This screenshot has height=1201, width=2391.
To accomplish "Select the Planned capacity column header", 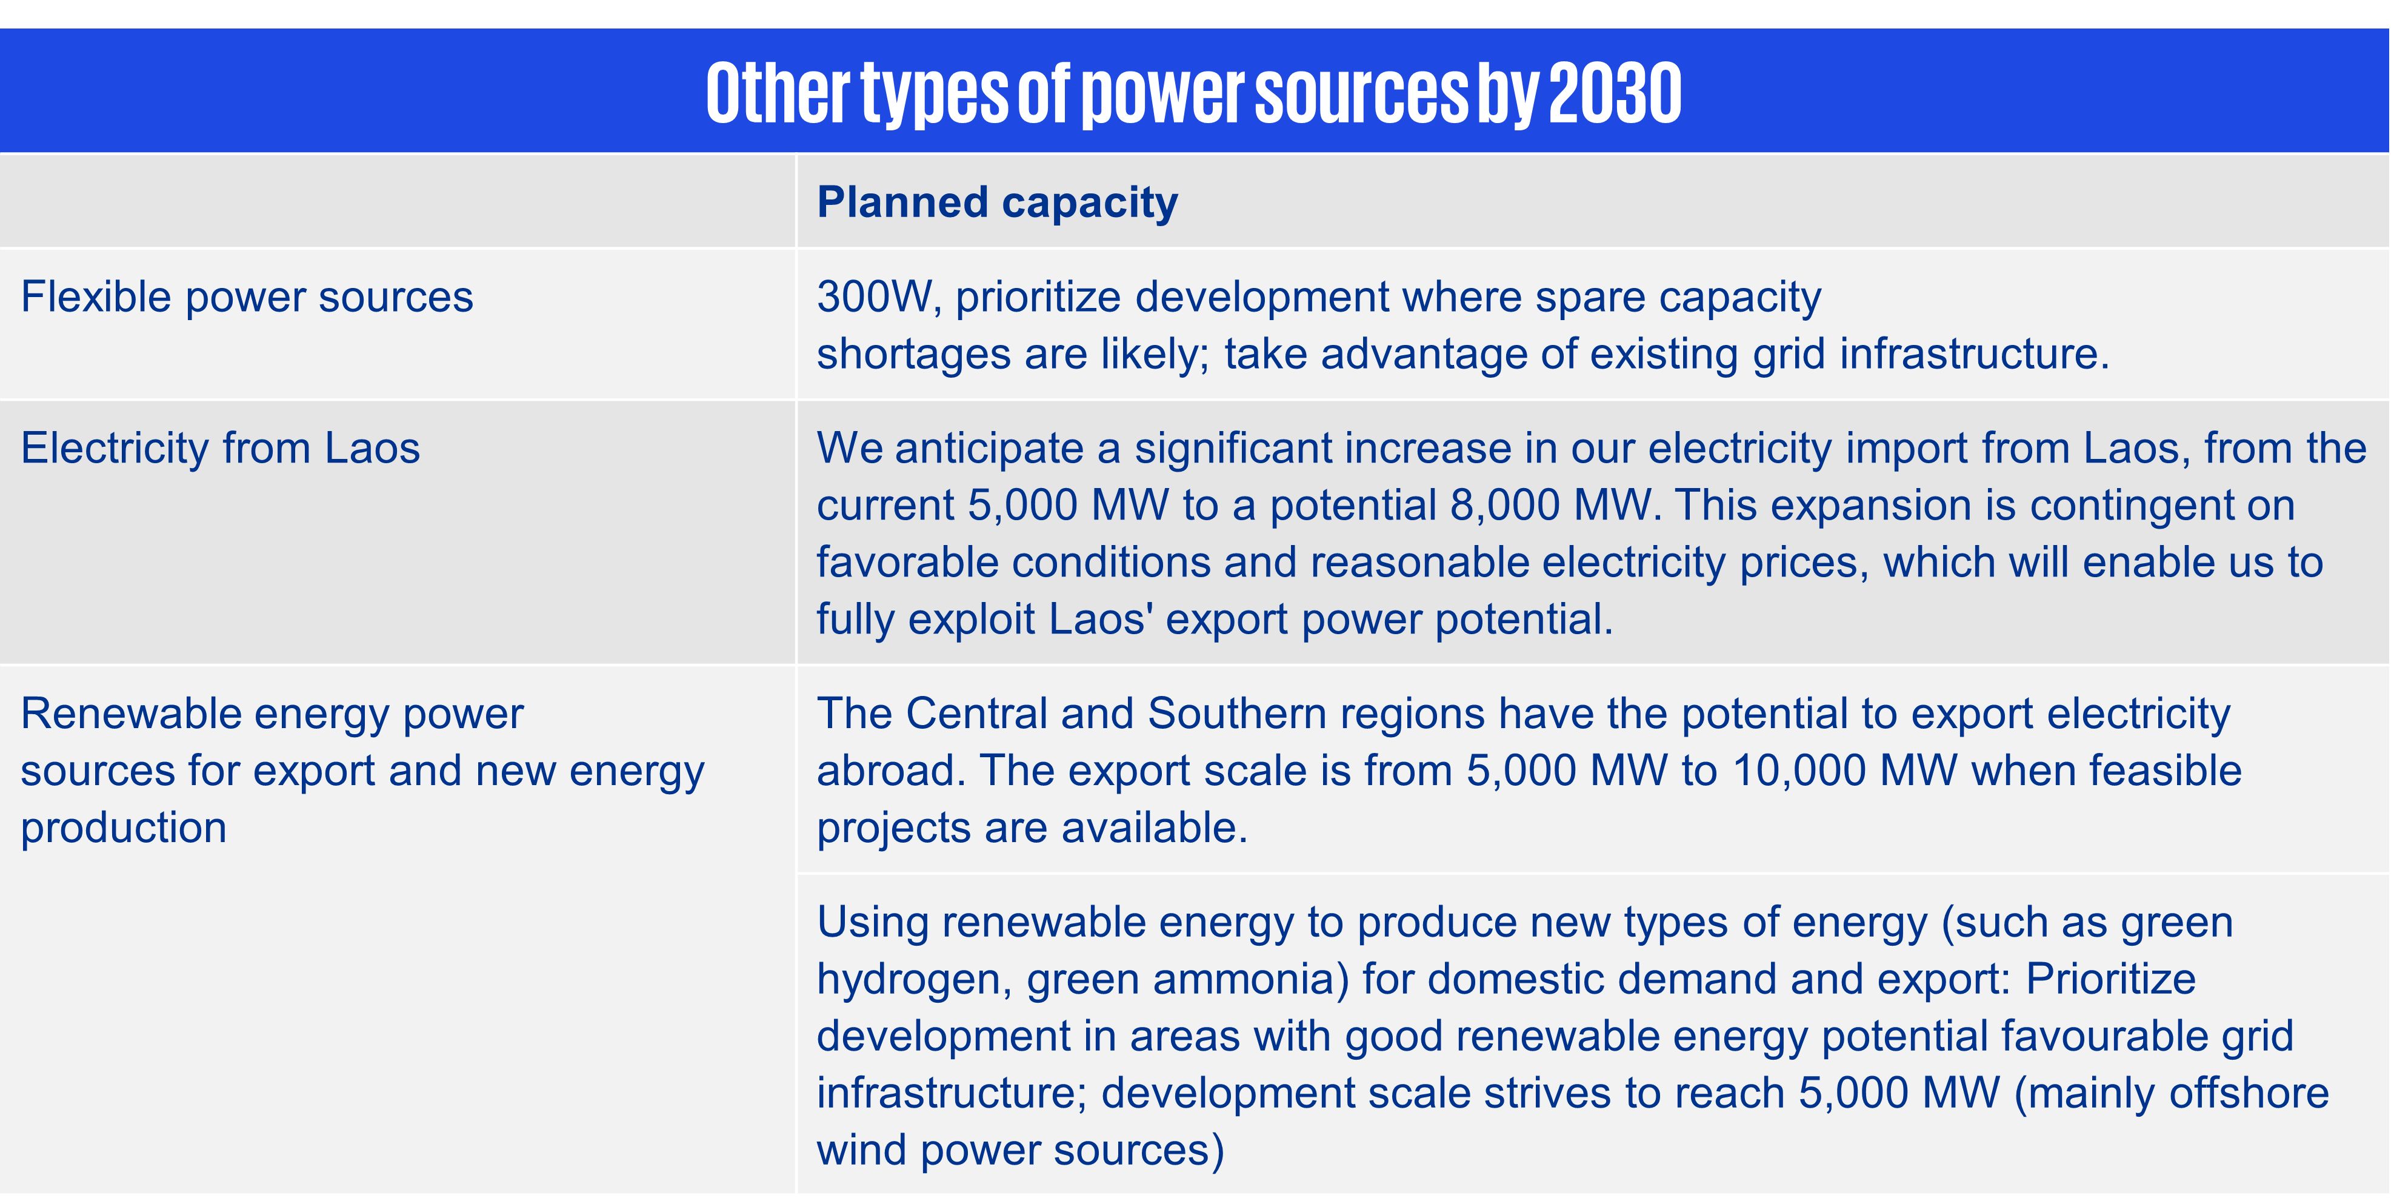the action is (x=997, y=203).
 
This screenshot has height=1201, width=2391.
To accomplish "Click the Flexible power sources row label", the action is (x=247, y=298).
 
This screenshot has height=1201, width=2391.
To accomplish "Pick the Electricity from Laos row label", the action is (x=220, y=448).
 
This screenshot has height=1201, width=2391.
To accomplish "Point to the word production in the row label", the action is (x=124, y=829).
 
